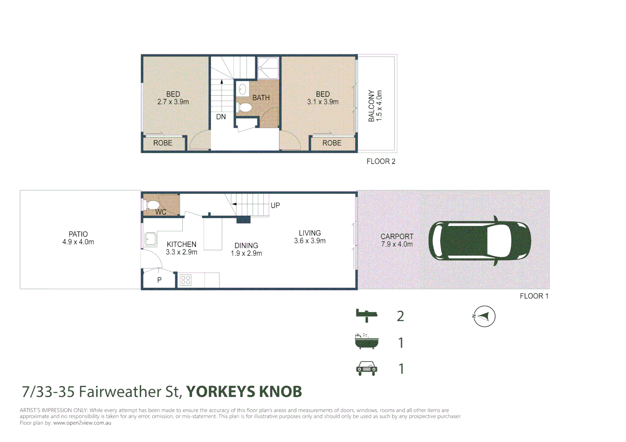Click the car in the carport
click(x=480, y=241)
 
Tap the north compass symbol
click(x=484, y=316)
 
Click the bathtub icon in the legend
click(x=366, y=342)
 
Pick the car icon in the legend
click(x=366, y=368)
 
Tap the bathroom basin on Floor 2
click(x=243, y=89)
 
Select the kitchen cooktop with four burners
click(x=186, y=280)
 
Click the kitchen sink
click(x=150, y=239)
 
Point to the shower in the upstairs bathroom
click(x=268, y=68)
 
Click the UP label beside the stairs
click(x=275, y=205)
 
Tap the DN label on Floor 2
click(x=221, y=117)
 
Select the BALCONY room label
click(x=372, y=106)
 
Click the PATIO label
click(x=78, y=234)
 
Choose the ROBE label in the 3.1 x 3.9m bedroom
click(x=332, y=143)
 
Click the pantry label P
click(x=159, y=280)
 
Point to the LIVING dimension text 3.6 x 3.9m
click(x=310, y=241)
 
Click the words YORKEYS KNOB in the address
click(x=244, y=392)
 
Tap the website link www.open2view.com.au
click(x=82, y=423)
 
